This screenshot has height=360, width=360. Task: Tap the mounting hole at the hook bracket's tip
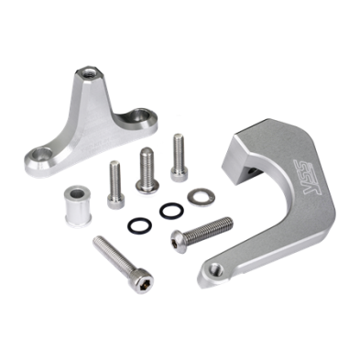point(214,267)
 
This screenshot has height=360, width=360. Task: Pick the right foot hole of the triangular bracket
point(142,116)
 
